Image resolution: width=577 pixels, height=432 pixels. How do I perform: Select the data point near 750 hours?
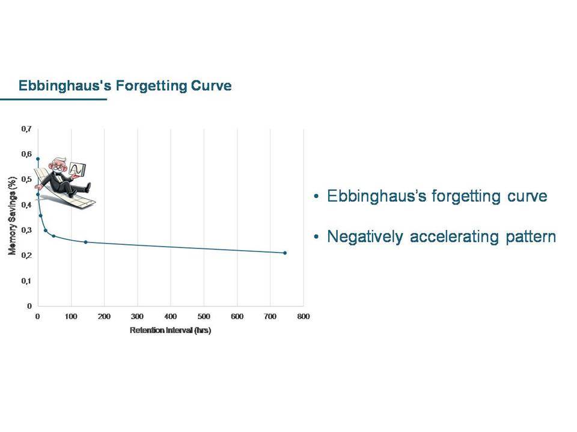click(x=285, y=253)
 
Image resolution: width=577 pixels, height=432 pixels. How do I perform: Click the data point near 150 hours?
click(x=86, y=242)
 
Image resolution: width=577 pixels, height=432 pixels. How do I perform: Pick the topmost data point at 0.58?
click(x=37, y=159)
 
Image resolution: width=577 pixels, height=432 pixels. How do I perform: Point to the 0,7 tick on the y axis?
click(x=26, y=129)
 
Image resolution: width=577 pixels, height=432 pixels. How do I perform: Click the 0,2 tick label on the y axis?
click(x=26, y=256)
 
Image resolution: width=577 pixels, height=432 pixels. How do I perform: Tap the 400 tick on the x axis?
click(x=170, y=316)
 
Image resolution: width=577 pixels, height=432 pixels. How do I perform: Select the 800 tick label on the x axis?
click(x=303, y=316)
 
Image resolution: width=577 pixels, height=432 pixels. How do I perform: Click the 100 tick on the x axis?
click(x=71, y=316)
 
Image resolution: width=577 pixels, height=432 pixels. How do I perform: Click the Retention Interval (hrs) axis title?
click(x=170, y=330)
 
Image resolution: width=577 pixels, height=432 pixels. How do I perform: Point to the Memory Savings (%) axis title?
click(x=12, y=215)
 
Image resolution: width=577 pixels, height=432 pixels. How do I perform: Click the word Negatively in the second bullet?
click(x=365, y=237)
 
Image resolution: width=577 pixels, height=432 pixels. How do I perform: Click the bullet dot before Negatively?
click(x=316, y=237)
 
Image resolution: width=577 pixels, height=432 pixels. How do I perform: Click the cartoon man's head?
click(x=58, y=166)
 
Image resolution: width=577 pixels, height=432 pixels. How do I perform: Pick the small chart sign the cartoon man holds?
click(x=78, y=169)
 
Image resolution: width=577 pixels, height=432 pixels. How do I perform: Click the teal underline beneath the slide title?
click(x=53, y=99)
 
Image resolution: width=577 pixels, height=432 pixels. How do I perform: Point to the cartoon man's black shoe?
click(x=87, y=187)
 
